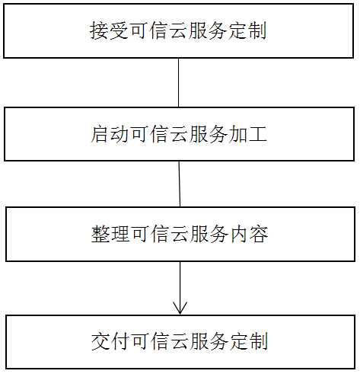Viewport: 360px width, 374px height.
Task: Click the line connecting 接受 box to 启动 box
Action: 179,82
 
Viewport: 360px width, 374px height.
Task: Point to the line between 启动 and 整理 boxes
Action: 180,184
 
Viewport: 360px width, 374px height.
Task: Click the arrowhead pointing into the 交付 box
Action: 180,308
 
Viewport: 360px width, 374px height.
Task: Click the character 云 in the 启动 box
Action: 179,135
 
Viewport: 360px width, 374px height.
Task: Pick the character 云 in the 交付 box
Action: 179,340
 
